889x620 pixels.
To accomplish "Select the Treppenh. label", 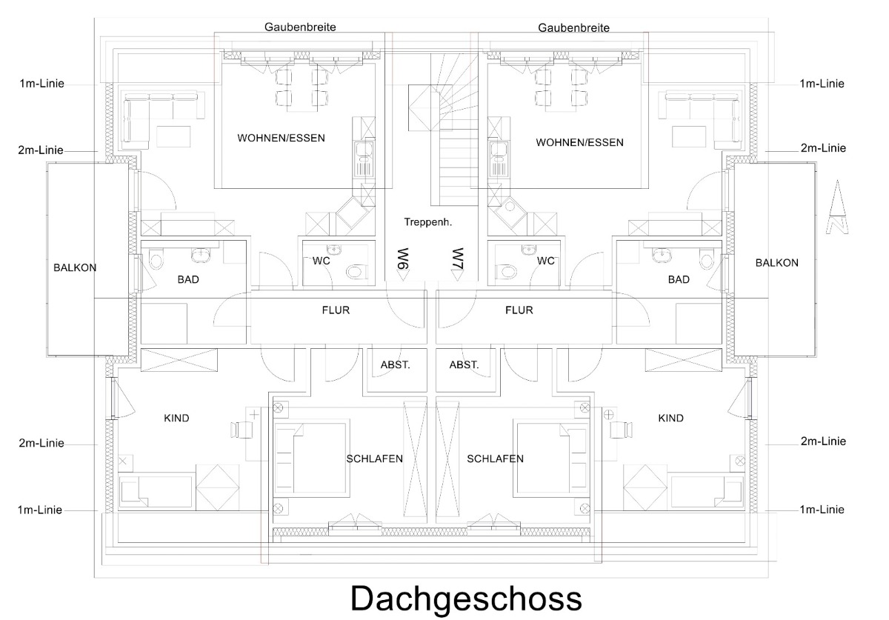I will tap(428, 221).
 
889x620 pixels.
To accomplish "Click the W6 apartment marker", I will tap(404, 263).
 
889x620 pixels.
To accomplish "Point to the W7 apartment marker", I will tap(456, 263).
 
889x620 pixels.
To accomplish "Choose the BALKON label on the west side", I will tap(75, 267).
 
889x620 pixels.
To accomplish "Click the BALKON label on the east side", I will tap(777, 262).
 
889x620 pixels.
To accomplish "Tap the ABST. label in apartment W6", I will tap(396, 364).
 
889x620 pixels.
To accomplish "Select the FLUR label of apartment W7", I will tap(519, 310).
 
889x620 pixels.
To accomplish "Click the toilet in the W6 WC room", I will tap(356, 272).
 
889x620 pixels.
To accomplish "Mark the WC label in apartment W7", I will tap(545, 261).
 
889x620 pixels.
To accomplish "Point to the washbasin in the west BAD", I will tap(201, 256).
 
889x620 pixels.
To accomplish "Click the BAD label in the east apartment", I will tap(679, 279).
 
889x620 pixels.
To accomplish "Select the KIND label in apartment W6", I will tap(176, 418).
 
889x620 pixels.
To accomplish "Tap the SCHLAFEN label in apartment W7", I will tap(495, 459).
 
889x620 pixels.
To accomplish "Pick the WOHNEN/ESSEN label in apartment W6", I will tap(281, 138).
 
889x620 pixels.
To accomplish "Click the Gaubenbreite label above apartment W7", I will tap(574, 27).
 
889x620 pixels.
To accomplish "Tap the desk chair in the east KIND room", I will tap(627, 428).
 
